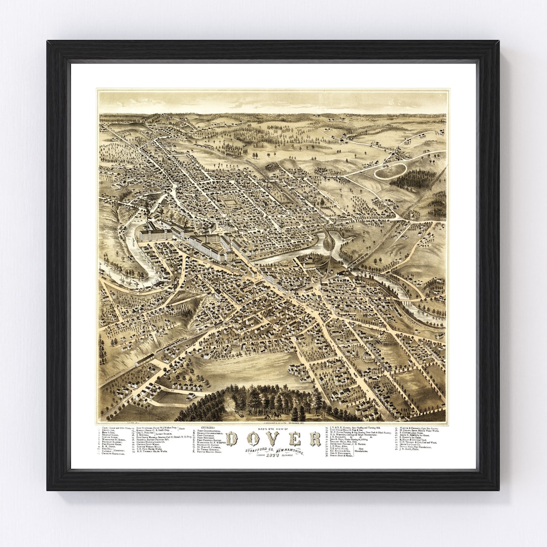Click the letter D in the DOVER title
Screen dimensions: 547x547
(231, 439)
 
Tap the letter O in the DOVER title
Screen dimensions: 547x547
(252, 439)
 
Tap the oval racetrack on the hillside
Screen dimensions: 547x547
(390, 171)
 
